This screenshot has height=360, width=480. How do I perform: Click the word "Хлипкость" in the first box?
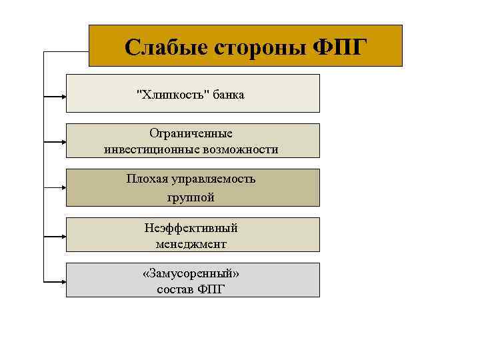click(173, 95)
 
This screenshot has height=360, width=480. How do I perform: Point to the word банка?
click(229, 95)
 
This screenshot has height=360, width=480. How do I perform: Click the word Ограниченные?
click(191, 134)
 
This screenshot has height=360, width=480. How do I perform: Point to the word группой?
click(191, 197)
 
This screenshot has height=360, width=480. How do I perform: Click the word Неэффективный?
click(191, 228)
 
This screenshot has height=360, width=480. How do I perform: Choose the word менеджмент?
click(191, 244)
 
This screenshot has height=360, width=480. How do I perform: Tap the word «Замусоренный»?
click(191, 274)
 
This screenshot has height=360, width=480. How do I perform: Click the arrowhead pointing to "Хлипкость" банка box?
click(63, 97)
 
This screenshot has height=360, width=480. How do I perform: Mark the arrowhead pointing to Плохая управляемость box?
click(63, 189)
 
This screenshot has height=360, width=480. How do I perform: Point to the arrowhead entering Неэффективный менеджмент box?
click(63, 235)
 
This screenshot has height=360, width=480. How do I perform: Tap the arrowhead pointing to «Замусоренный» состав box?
click(63, 281)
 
